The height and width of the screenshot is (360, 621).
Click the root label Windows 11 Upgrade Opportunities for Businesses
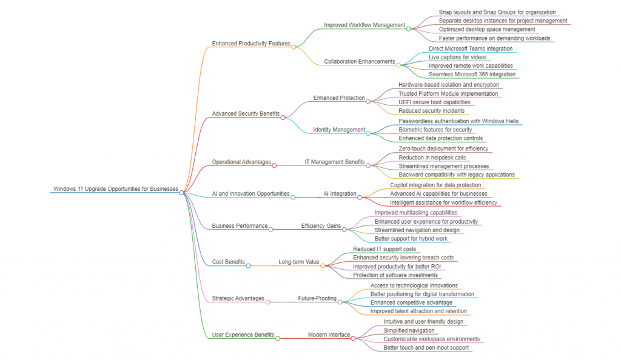point(115,188)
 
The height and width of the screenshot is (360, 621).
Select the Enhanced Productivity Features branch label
point(250,43)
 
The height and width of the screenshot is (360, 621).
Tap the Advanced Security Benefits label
point(246,113)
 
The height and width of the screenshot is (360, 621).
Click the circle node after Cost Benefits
point(248,265)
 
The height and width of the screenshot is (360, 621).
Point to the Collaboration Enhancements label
point(359,61)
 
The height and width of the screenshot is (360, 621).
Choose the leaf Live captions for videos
point(457,57)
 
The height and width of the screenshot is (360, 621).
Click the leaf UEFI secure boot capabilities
point(434,102)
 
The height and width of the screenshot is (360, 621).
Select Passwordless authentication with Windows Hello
point(460,121)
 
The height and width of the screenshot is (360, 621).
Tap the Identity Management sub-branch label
point(339,129)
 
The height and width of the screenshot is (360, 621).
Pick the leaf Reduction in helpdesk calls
point(432,158)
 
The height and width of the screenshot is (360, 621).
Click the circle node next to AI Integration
point(360,197)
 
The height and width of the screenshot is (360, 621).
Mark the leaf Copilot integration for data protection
point(435,185)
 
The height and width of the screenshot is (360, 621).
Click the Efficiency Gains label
point(321,225)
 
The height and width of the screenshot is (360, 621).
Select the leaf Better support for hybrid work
point(412,239)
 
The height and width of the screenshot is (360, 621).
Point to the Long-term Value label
point(298,262)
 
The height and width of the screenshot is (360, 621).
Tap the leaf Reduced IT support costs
point(384,249)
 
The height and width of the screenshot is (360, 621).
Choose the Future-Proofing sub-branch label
point(317,298)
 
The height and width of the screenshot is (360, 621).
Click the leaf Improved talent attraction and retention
point(418,311)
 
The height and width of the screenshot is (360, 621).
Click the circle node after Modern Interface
point(354,338)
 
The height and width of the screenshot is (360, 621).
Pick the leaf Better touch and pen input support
point(426,347)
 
